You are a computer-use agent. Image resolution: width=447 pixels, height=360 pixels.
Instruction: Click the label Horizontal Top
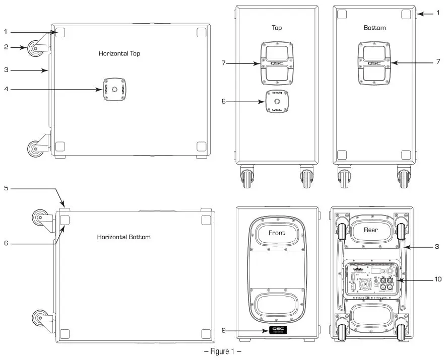[x=119, y=53]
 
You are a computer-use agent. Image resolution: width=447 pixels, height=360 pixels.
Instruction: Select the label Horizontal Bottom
[x=123, y=237]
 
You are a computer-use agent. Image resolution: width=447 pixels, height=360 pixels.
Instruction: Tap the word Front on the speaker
[x=276, y=233]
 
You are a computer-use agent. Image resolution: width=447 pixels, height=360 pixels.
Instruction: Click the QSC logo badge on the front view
[x=277, y=331]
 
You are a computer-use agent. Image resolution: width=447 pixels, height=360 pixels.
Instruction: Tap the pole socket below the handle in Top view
[x=276, y=102]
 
